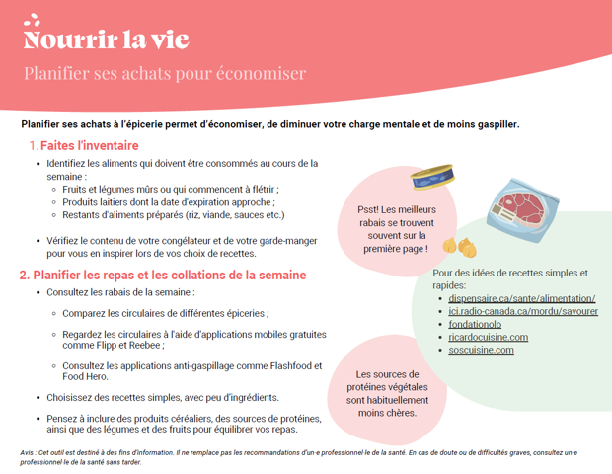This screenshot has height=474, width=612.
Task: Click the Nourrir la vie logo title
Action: click(106, 39)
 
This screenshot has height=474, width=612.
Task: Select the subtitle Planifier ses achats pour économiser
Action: click(165, 74)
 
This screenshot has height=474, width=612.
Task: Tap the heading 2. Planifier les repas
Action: click(163, 275)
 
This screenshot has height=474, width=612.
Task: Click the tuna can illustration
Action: click(432, 179)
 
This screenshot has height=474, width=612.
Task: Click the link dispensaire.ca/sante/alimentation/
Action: click(521, 298)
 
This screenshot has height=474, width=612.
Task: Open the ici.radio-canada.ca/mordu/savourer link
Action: click(522, 311)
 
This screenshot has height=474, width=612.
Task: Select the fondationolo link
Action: click(475, 324)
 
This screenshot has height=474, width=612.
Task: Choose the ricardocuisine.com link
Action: click(488, 337)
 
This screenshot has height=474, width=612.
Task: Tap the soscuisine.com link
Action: click(481, 350)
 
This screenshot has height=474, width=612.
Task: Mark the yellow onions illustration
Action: click(459, 244)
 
